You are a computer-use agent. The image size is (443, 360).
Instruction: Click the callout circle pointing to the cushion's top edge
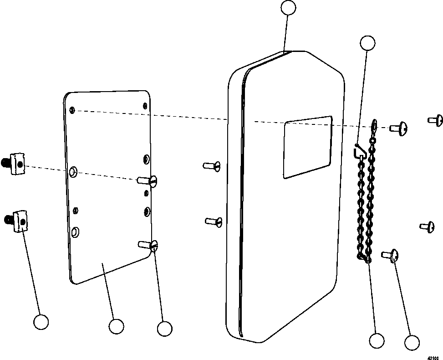pyautogui.click(x=288, y=8)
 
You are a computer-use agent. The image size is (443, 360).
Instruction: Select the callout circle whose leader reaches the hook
pyautogui.click(x=367, y=43)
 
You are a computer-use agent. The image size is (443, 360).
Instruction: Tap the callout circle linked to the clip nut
pyautogui.click(x=41, y=322)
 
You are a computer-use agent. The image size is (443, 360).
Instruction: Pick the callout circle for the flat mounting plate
pyautogui.click(x=116, y=326)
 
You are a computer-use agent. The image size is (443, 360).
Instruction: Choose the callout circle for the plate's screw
pyautogui.click(x=164, y=328)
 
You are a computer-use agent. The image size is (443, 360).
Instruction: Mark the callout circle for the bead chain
pyautogui.click(x=377, y=340)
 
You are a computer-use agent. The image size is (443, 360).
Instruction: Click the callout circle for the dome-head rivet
pyautogui.click(x=412, y=343)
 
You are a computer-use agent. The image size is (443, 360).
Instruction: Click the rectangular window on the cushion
pyautogui.click(x=307, y=147)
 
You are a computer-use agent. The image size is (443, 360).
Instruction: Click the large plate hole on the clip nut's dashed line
pyautogui.click(x=73, y=172)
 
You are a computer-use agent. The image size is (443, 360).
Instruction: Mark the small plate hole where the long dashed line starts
pyautogui.click(x=72, y=110)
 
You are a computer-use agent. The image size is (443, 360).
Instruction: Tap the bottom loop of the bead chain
pyautogui.click(x=363, y=258)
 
